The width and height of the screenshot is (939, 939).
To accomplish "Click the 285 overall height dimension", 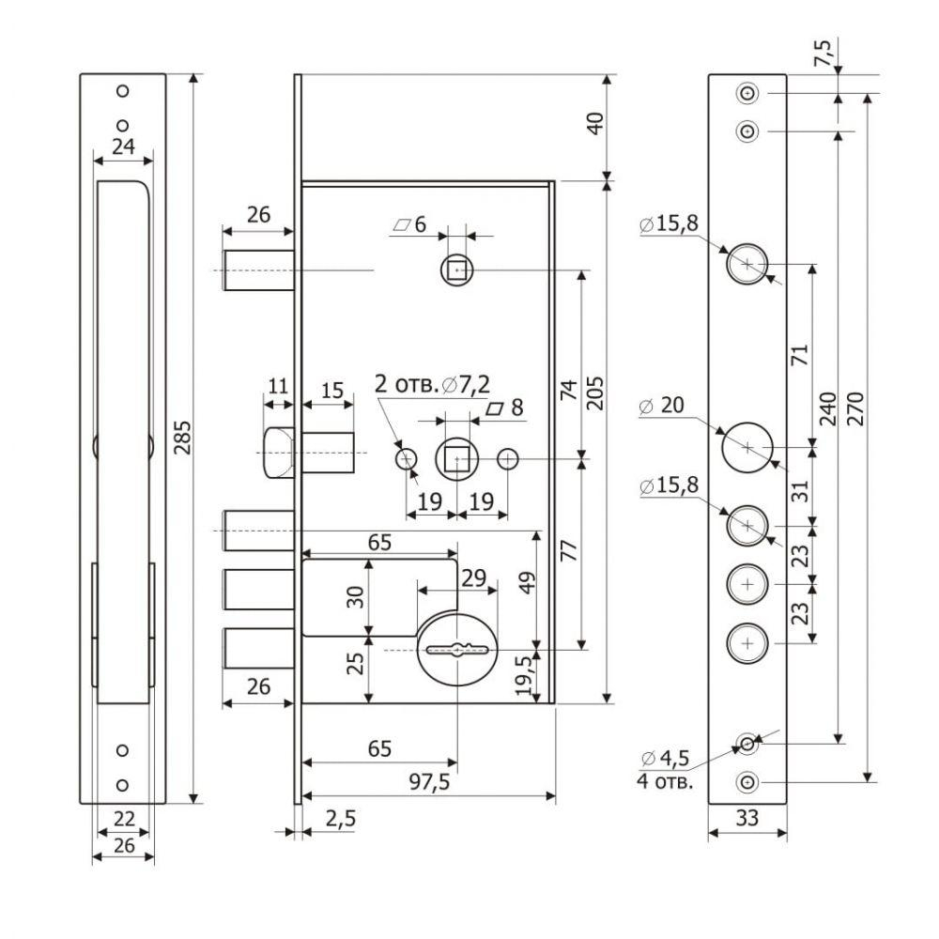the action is click(184, 438).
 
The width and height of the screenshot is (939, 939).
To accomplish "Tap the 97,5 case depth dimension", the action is click(429, 781).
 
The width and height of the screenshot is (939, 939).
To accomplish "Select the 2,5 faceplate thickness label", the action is click(341, 818).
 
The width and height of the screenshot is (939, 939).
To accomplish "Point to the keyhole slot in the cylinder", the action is click(457, 649).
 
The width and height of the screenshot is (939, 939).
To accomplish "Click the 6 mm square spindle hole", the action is click(457, 270).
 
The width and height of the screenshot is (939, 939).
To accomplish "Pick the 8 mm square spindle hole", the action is click(457, 459).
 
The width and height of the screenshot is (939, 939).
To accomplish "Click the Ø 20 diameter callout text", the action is click(662, 406).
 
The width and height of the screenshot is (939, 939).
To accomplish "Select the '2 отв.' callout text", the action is click(407, 384).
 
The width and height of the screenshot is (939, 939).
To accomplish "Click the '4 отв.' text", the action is click(665, 781).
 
